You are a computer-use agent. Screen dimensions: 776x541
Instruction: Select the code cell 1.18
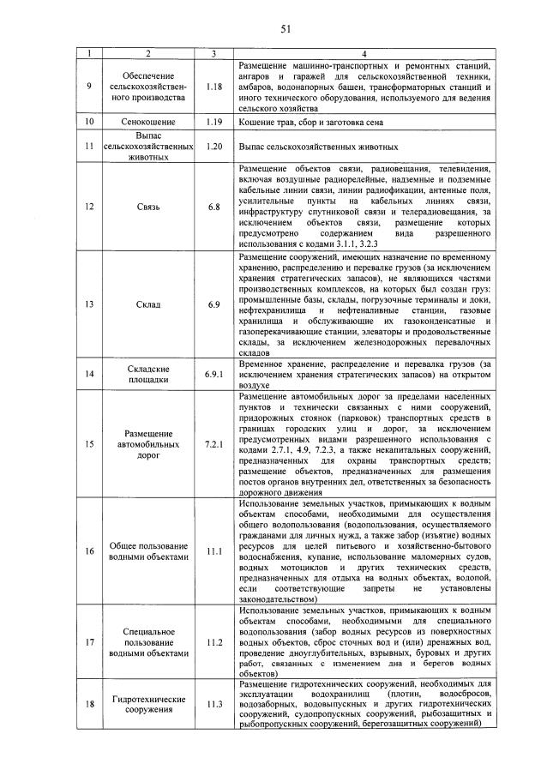click(x=214, y=87)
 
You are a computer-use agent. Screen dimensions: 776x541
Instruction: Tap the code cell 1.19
click(x=214, y=123)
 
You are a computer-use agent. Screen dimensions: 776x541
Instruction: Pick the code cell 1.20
click(x=214, y=146)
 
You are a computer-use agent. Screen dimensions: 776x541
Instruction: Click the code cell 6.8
click(x=214, y=207)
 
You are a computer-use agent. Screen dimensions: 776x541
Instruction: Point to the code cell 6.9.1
click(x=214, y=374)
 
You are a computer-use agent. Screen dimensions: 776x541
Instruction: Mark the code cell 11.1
click(x=214, y=550)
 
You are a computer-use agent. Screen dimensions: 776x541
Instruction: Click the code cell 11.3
click(x=214, y=705)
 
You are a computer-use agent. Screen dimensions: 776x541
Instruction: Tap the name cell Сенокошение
click(x=148, y=123)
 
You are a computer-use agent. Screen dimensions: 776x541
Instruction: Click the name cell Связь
click(x=148, y=207)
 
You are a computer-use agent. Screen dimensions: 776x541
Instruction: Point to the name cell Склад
click(x=148, y=304)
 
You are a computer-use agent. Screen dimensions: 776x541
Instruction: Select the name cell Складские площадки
click(x=148, y=374)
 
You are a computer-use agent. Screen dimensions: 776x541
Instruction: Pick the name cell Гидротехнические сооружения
click(x=148, y=705)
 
